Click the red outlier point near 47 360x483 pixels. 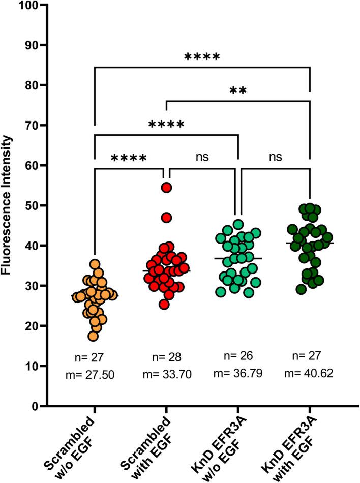point(166,218)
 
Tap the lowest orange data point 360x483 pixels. point(94,336)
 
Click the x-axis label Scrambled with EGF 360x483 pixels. point(153,445)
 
